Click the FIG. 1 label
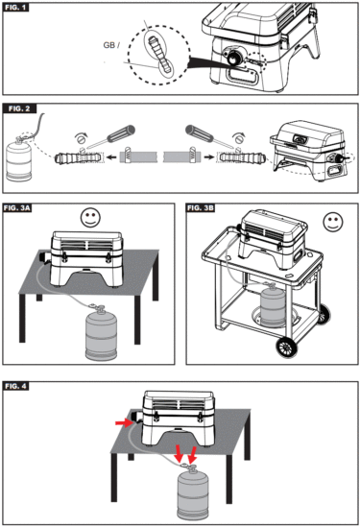15,7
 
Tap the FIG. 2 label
19,108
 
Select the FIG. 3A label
17,208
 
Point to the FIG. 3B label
201,208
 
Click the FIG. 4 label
15,386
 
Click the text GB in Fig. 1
109,45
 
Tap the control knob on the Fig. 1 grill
232,58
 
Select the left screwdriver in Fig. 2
111,136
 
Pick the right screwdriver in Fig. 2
209,136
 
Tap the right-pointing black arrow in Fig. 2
209,156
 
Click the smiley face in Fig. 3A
90,217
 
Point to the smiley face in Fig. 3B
333,222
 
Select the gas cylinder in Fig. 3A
102,333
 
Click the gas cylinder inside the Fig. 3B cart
273,305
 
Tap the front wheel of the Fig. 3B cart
287,348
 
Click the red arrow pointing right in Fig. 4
125,422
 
